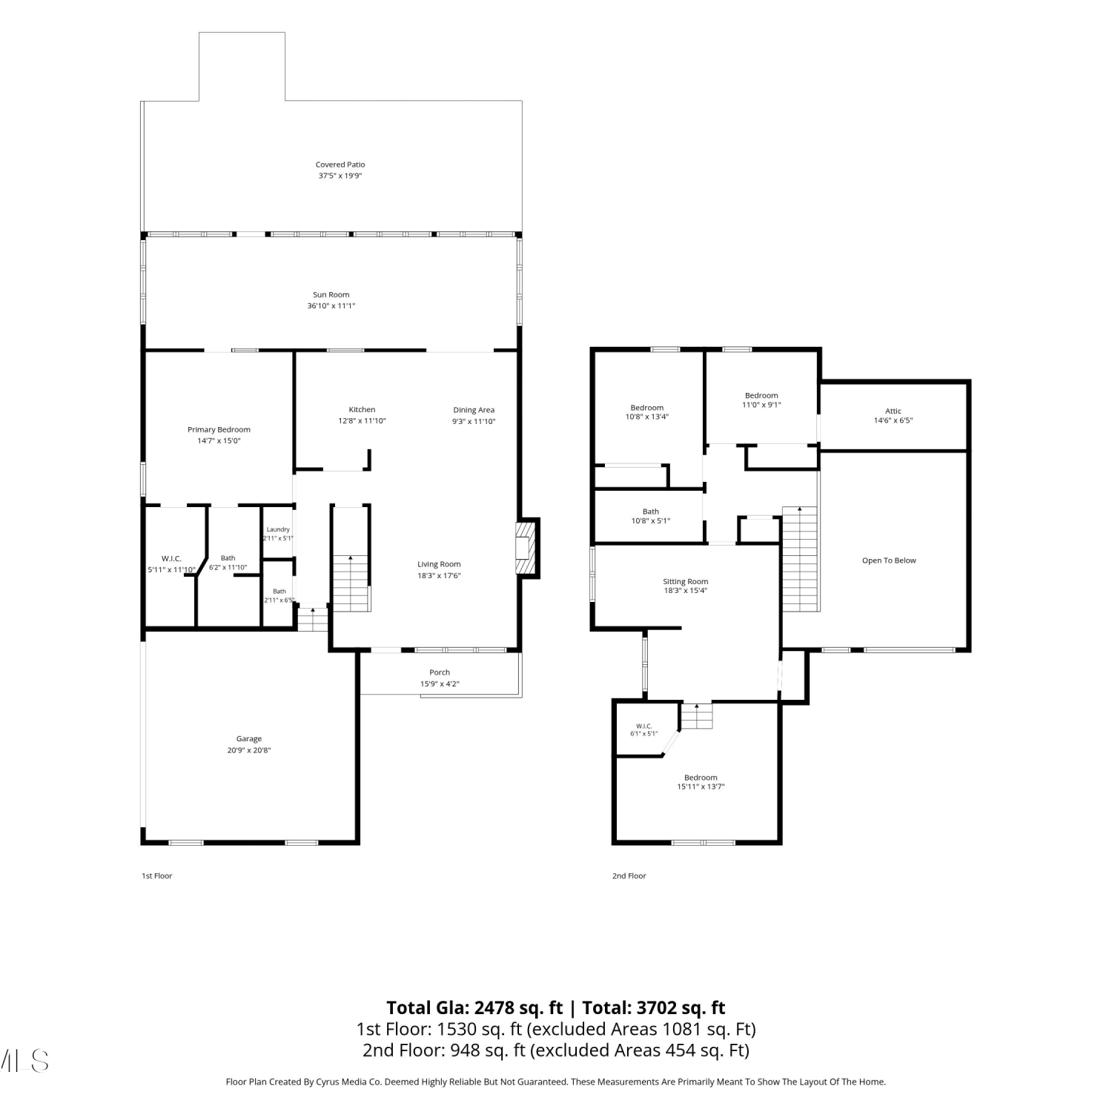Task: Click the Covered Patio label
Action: (x=340, y=165)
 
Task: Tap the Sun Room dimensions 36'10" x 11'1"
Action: (x=331, y=305)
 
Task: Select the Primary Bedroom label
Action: (x=219, y=429)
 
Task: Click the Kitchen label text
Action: (x=363, y=409)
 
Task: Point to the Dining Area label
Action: (x=474, y=410)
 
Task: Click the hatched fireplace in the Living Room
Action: (x=526, y=548)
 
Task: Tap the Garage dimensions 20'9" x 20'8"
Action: (x=249, y=750)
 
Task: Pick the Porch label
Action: (x=440, y=672)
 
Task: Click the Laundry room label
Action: (x=278, y=529)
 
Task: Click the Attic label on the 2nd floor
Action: (x=893, y=411)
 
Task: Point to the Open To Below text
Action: (x=889, y=560)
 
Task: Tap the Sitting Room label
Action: (x=686, y=582)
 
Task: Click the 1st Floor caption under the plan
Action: (x=157, y=876)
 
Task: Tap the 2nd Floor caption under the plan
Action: (x=629, y=876)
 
